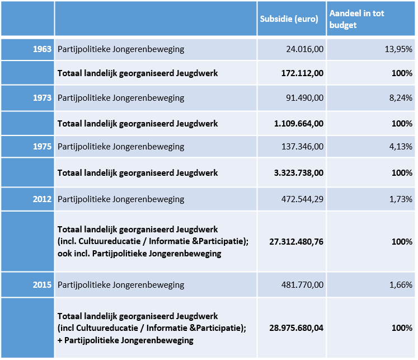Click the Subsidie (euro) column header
pyautogui.click(x=289, y=19)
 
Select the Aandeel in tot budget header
pyautogui.click(x=356, y=19)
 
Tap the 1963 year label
pyautogui.click(x=42, y=49)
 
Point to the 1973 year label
pyautogui.click(x=42, y=98)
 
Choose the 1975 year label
pyautogui.click(x=42, y=146)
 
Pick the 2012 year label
pyautogui.click(x=42, y=199)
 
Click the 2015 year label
pyautogui.click(x=42, y=285)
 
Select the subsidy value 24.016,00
pyautogui.click(x=305, y=49)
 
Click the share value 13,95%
pyautogui.click(x=398, y=49)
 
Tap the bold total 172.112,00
pyautogui.click(x=303, y=73)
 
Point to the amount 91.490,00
pyautogui.click(x=305, y=98)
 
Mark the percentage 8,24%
pyautogui.click(x=401, y=98)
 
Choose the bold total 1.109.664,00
pyautogui.click(x=299, y=124)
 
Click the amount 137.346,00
pyautogui.click(x=303, y=146)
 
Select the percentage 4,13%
pyautogui.click(x=401, y=146)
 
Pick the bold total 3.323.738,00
pyautogui.click(x=299, y=173)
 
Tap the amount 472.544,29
pyautogui.click(x=303, y=199)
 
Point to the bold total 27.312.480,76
pyautogui.click(x=297, y=242)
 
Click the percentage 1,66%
pyautogui.click(x=401, y=285)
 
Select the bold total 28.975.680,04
pyautogui.click(x=297, y=328)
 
